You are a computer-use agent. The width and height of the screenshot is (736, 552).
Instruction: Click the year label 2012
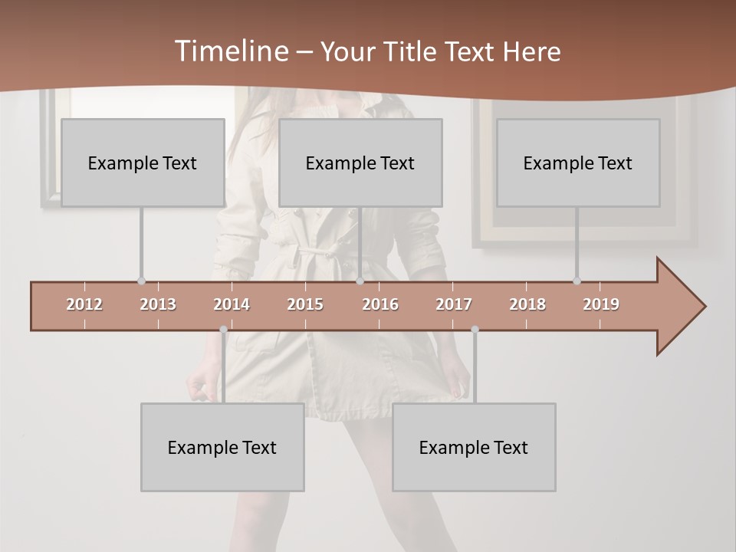pyautogui.click(x=84, y=304)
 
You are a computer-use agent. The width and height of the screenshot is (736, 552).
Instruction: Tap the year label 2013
pyautogui.click(x=158, y=304)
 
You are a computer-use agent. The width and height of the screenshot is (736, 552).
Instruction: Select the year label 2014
pyautogui.click(x=232, y=304)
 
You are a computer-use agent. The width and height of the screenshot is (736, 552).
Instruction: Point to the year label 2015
pyautogui.click(x=305, y=304)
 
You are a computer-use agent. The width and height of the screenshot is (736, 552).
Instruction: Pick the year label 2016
pyautogui.click(x=380, y=304)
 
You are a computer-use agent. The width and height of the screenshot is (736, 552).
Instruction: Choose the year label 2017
pyautogui.click(x=454, y=304)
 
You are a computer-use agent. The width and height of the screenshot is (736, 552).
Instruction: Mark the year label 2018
pyautogui.click(x=527, y=304)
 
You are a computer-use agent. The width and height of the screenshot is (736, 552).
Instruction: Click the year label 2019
pyautogui.click(x=601, y=304)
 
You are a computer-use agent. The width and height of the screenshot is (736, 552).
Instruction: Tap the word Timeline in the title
pyautogui.click(x=230, y=51)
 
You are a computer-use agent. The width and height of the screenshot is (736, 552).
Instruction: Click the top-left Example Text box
pyautogui.click(x=143, y=163)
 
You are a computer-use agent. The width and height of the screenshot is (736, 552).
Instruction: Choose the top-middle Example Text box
pyautogui.click(x=360, y=163)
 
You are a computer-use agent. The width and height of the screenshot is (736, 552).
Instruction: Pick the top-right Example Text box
pyautogui.click(x=578, y=163)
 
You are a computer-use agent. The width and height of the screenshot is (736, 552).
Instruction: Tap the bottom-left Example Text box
pyautogui.click(x=222, y=447)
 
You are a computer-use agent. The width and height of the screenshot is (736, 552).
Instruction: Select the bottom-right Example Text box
pyautogui.click(x=474, y=447)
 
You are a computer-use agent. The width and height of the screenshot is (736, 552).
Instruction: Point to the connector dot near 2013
pyautogui.click(x=141, y=281)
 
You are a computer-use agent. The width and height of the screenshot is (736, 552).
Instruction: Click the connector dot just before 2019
pyautogui.click(x=577, y=281)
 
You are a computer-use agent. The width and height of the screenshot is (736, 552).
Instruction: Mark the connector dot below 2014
pyautogui.click(x=223, y=330)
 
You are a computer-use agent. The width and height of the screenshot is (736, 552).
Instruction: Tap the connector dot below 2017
pyautogui.click(x=475, y=330)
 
